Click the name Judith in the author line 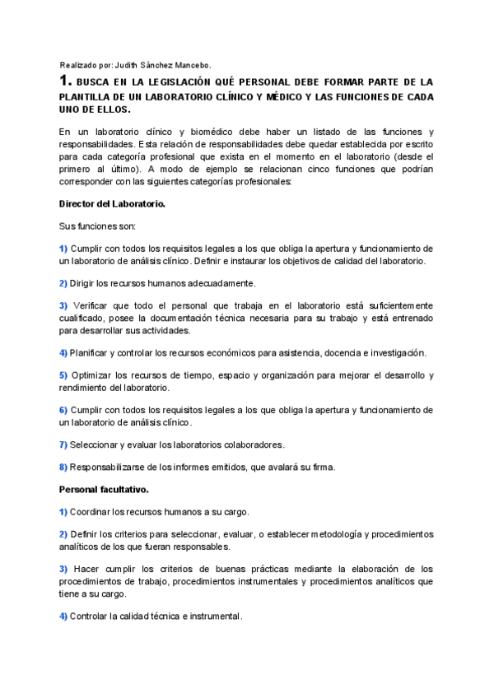coord(128,65)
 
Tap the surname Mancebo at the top coord(191,65)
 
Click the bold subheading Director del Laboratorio coord(113,203)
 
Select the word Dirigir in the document coord(86,283)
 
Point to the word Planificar coord(93,352)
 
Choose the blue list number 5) coord(63,375)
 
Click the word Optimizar coord(99,375)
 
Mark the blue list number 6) coord(63,410)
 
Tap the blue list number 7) coord(63,444)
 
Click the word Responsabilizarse coord(111,468)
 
